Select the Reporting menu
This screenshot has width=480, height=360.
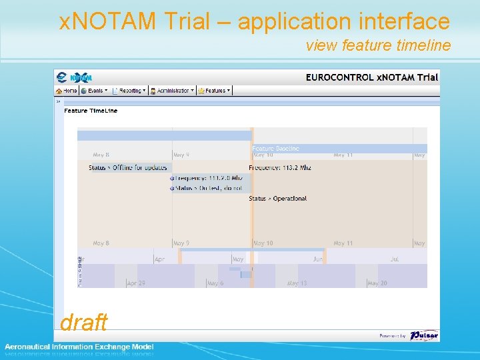[x=129, y=91]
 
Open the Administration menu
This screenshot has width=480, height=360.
[x=172, y=91]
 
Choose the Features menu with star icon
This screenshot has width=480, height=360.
[x=213, y=91]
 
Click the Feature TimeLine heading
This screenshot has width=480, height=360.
[x=91, y=111]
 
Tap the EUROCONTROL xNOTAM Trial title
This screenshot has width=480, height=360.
[x=371, y=77]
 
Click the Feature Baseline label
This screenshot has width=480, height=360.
[x=275, y=149]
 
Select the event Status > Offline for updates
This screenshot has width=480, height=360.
[x=128, y=167]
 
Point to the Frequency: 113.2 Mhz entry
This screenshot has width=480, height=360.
[x=280, y=167]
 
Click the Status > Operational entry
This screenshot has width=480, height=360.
[x=278, y=199]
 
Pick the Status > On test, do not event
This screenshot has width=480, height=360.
[x=209, y=189]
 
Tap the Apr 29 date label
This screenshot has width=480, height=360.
[x=136, y=283]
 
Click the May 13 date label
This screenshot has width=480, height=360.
[x=297, y=283]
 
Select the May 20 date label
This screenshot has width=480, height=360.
[x=377, y=283]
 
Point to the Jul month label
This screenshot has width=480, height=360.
[x=395, y=259]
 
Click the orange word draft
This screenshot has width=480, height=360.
[x=83, y=323]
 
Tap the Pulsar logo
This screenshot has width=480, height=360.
[x=423, y=335]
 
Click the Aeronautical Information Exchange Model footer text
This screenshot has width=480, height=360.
[x=79, y=347]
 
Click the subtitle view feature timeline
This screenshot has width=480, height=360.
[x=378, y=45]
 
